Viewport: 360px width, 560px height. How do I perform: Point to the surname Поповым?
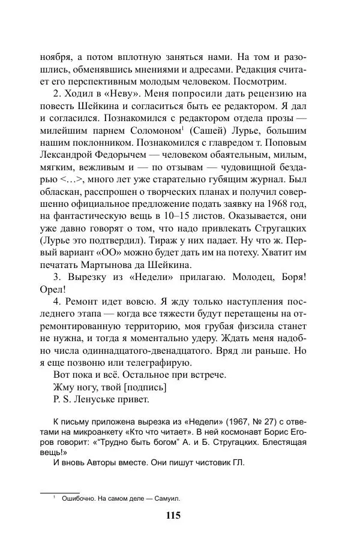pos(284,143)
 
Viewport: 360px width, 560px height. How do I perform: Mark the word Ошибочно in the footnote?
pos(79,498)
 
